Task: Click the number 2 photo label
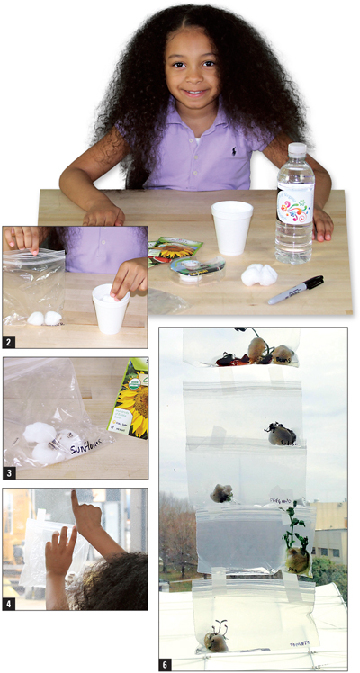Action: pos(10,342)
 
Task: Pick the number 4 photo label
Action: pos(10,604)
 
